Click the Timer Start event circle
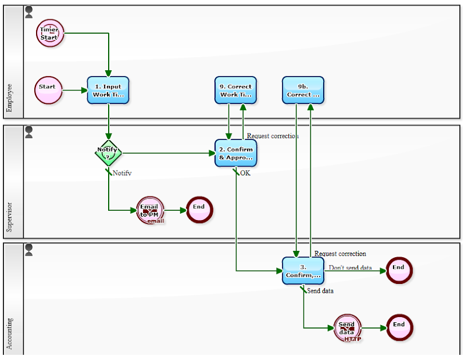click(49, 33)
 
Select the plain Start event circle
click(48, 90)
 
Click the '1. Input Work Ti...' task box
click(108, 90)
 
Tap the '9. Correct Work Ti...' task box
click(235, 90)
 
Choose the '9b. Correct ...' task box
click(303, 90)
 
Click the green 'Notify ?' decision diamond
click(108, 153)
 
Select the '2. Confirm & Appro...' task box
click(235, 153)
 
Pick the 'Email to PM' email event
click(151, 210)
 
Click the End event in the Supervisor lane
click(199, 210)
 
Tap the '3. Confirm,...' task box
click(303, 271)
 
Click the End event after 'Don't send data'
click(398, 270)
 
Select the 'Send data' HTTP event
click(348, 328)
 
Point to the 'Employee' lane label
click(9, 98)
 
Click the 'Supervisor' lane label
click(9, 217)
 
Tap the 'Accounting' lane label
click(9, 333)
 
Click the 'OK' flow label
click(245, 173)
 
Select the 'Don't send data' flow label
click(350, 268)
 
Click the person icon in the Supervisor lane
click(29, 132)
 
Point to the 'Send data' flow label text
click(320, 290)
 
